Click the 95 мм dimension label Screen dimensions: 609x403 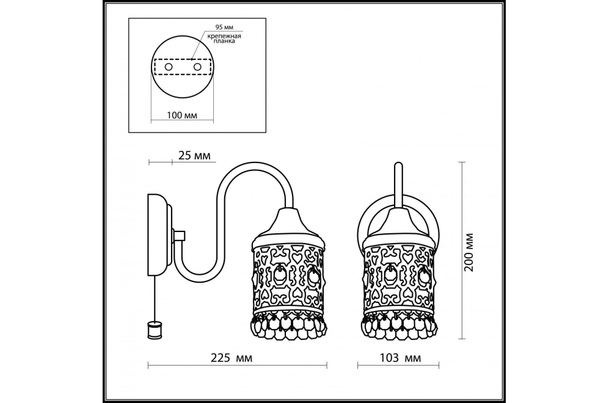point(224,27)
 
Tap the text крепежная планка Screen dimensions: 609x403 point(224,38)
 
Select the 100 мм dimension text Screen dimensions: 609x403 point(182,115)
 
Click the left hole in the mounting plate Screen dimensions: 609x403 point(169,67)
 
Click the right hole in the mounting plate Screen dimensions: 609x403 point(198,67)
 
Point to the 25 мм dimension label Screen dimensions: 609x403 point(194,156)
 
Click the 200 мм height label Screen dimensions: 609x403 point(469,252)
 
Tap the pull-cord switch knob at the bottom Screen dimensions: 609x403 point(155,330)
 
